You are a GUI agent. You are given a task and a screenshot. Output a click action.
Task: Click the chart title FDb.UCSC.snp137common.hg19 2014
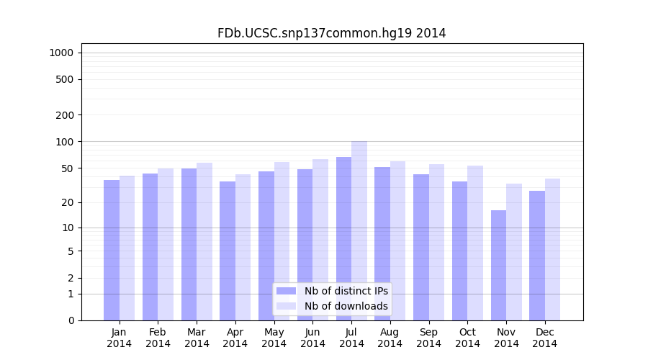(331, 33)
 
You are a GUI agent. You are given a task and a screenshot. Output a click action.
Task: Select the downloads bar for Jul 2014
(359, 230)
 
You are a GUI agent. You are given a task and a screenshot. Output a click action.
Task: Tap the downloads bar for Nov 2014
(514, 252)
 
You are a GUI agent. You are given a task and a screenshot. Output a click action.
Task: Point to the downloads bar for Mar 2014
(204, 241)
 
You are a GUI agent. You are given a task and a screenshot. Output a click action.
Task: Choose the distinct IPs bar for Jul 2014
(343, 238)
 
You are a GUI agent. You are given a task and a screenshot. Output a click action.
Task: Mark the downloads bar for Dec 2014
(552, 249)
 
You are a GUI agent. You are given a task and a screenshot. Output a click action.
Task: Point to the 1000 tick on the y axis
(61, 53)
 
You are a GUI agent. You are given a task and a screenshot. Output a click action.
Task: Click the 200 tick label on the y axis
(65, 115)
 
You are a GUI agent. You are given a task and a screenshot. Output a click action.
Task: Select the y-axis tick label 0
(71, 320)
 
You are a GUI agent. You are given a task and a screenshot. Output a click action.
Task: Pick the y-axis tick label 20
(68, 202)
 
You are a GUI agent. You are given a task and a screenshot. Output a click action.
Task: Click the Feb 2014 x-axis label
(158, 338)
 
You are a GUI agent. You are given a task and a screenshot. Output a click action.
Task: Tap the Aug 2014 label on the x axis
(390, 338)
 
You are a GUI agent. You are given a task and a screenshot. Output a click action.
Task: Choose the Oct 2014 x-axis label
(467, 338)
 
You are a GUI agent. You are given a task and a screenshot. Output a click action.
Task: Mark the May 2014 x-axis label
(274, 338)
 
